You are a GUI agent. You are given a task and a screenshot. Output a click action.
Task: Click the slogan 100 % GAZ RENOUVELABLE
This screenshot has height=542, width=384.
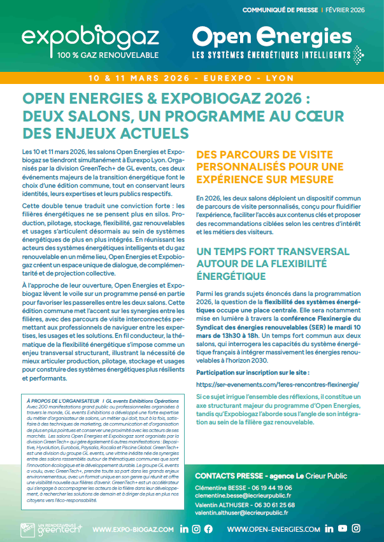click(x=108, y=55)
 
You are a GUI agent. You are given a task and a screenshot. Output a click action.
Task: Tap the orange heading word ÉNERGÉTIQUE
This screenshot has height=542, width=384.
click(x=232, y=275)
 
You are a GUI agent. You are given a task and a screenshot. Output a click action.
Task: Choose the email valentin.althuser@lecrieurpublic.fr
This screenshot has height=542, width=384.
click(x=242, y=513)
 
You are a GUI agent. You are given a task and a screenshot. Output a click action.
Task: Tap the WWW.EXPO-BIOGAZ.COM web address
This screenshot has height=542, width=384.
click(x=133, y=529)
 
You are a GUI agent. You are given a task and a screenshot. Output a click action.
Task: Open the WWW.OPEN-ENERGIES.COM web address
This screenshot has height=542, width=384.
click(x=274, y=529)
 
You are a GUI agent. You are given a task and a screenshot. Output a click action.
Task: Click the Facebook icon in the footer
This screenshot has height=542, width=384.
click(x=208, y=529)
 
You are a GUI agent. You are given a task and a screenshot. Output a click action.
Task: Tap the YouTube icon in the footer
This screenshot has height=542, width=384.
click(x=343, y=529)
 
